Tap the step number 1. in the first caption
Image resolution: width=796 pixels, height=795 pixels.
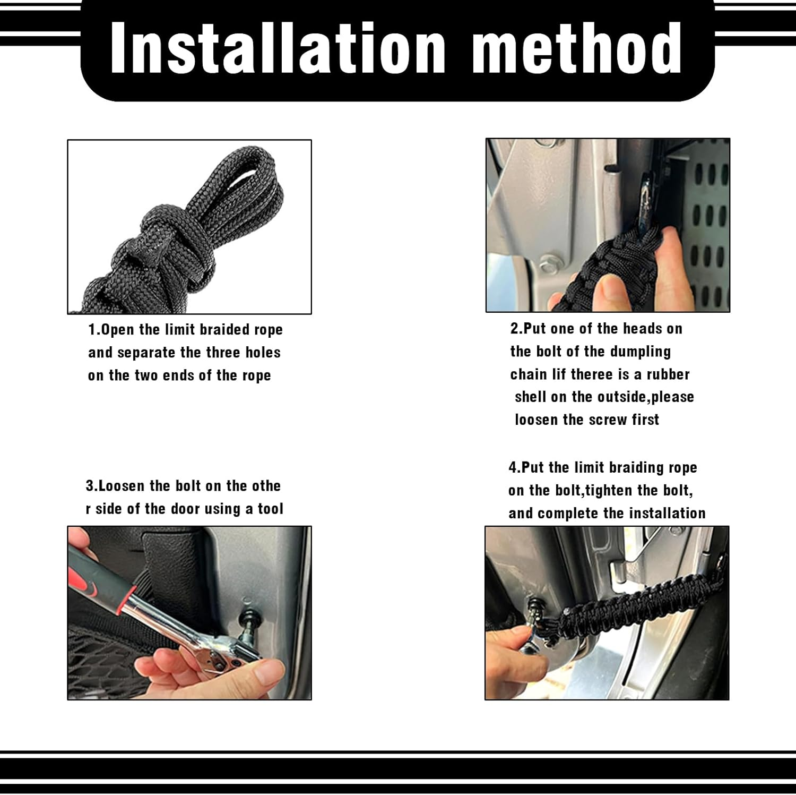click(x=94, y=330)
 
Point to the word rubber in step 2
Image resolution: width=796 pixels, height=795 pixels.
click(x=668, y=374)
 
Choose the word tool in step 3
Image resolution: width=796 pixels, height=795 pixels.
click(x=271, y=509)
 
